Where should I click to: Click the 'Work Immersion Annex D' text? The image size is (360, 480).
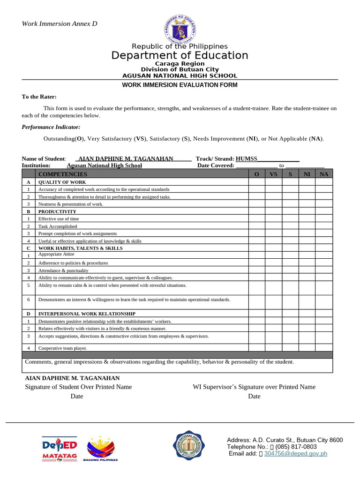click(x=60, y=23)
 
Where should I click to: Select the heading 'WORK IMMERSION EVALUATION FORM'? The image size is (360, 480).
click(x=180, y=85)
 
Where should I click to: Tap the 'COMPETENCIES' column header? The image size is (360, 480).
click(x=62, y=174)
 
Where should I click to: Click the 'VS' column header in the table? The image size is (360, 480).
click(x=274, y=174)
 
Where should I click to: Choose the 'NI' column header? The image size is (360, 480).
click(x=307, y=174)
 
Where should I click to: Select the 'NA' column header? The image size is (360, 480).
click(x=324, y=174)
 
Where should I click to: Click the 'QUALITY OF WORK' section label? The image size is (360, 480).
click(x=62, y=182)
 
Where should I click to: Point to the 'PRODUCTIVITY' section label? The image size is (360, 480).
click(x=57, y=211)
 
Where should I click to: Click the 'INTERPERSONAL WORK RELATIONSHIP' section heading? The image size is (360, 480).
click(x=87, y=314)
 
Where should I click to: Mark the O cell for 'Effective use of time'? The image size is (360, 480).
click(x=256, y=218)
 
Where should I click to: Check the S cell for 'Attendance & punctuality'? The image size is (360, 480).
click(x=290, y=270)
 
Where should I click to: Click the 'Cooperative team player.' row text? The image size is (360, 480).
click(x=63, y=348)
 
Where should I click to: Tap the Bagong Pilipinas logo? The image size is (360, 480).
click(x=100, y=449)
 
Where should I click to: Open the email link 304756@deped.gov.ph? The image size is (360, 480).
click(x=295, y=453)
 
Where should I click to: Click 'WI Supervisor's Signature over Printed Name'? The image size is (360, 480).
click(x=254, y=387)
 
